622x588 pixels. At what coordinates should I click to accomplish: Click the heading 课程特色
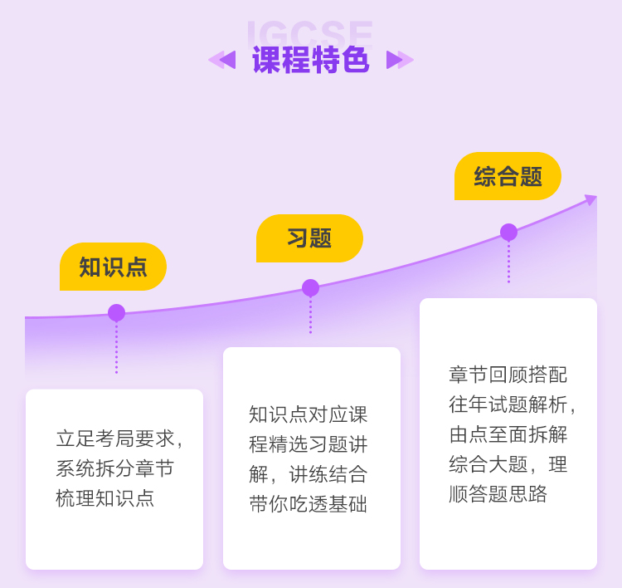coord(310,60)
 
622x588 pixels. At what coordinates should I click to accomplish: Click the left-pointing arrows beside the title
coord(222,60)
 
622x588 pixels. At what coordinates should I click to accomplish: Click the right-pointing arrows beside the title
coord(400,60)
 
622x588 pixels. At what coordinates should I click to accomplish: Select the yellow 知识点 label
coord(113,267)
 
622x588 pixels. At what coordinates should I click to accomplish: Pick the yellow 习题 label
coord(309,238)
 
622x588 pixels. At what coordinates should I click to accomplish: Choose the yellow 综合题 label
coord(508,176)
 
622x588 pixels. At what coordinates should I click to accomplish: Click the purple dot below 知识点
coord(116,313)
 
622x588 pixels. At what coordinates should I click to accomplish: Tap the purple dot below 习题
coord(310,288)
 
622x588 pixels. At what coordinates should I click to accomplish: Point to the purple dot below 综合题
coord(508,233)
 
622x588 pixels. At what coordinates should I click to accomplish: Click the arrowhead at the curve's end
coord(590,199)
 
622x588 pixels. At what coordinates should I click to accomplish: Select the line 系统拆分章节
coord(115,468)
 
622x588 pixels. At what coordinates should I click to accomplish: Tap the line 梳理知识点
coord(105,498)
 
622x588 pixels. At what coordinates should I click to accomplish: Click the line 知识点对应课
coord(309,414)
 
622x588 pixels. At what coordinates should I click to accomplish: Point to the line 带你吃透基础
coord(309,504)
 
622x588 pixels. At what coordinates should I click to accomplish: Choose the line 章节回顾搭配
coord(508,375)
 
